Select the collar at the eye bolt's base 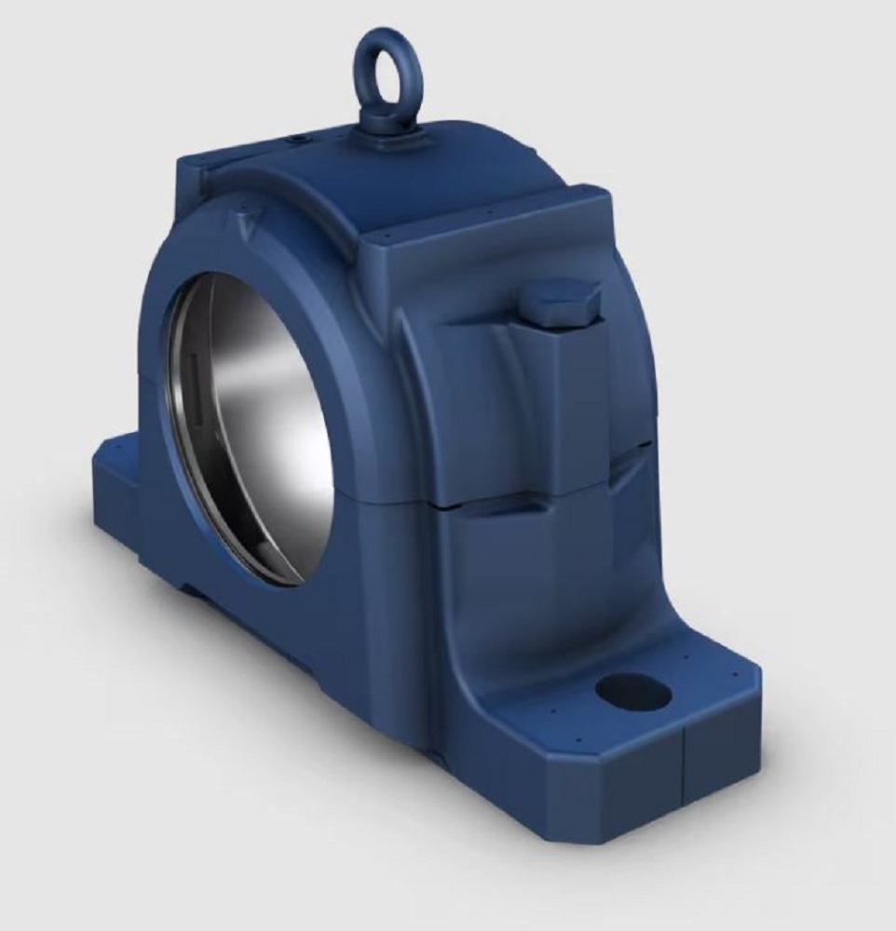tap(388, 138)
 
